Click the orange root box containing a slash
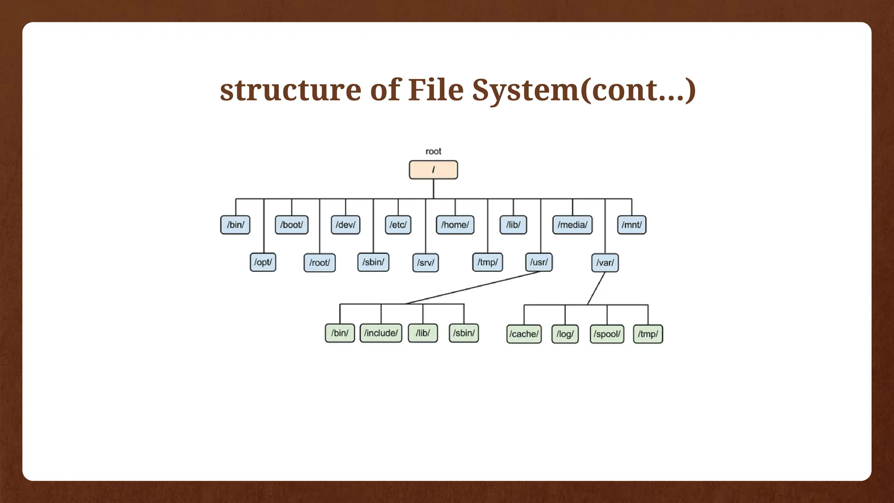point(433,170)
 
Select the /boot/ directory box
point(292,225)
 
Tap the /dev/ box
point(345,225)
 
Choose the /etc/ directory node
point(398,225)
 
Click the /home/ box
point(455,225)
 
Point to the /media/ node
point(572,225)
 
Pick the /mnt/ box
point(632,225)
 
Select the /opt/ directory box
point(263,262)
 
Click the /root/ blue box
point(320,263)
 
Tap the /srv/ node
point(425,263)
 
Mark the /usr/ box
point(539,262)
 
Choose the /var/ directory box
point(605,263)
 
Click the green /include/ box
point(381,333)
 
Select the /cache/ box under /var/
point(524,334)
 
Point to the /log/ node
point(565,334)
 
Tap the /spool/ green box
point(607,334)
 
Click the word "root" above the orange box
point(433,152)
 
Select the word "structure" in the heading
point(290,90)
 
